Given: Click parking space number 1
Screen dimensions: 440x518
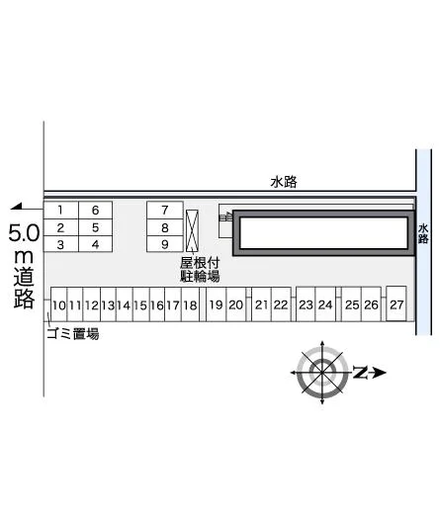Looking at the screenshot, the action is [x=60, y=211].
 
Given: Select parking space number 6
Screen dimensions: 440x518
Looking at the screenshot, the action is [x=96, y=211].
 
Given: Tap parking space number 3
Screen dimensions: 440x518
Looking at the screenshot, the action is [x=60, y=244].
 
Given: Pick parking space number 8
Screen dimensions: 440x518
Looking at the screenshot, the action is [x=165, y=227].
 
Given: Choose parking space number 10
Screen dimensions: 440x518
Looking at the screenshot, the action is [x=58, y=304].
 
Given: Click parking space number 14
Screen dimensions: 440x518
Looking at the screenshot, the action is [x=125, y=304].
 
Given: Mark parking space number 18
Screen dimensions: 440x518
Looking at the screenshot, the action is [x=190, y=304].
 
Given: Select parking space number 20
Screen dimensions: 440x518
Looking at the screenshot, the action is [x=236, y=304].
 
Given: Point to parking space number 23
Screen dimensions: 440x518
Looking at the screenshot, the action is [x=306, y=304].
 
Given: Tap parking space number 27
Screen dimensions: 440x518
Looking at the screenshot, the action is [x=396, y=303].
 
